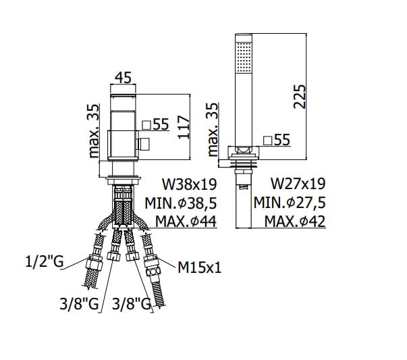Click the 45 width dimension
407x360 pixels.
click(123, 78)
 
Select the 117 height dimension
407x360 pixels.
click(184, 127)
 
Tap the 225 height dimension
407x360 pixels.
click(300, 97)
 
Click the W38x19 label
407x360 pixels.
click(189, 184)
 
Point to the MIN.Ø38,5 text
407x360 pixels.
click(181, 203)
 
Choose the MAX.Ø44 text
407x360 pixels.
click(186, 222)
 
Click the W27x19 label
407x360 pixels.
click(298, 184)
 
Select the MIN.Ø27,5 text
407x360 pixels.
click(290, 203)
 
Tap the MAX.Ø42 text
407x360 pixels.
click(295, 222)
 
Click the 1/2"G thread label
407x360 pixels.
click(45, 261)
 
